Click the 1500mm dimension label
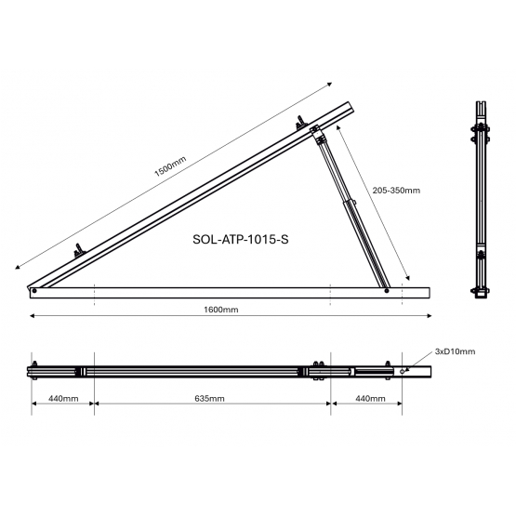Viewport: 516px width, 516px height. click(x=170, y=166)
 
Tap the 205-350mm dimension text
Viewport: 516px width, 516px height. click(x=396, y=191)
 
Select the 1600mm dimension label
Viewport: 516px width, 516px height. click(x=221, y=310)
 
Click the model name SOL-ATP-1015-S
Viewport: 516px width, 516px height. click(x=241, y=239)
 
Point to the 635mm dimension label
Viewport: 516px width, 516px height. click(x=209, y=399)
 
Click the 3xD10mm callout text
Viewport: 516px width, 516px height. click(x=456, y=351)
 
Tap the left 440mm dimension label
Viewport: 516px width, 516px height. click(x=63, y=399)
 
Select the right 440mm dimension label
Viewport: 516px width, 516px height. click(x=370, y=399)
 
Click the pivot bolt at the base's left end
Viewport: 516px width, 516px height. click(x=34, y=291)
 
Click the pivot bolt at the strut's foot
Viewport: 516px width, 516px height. click(x=387, y=291)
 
